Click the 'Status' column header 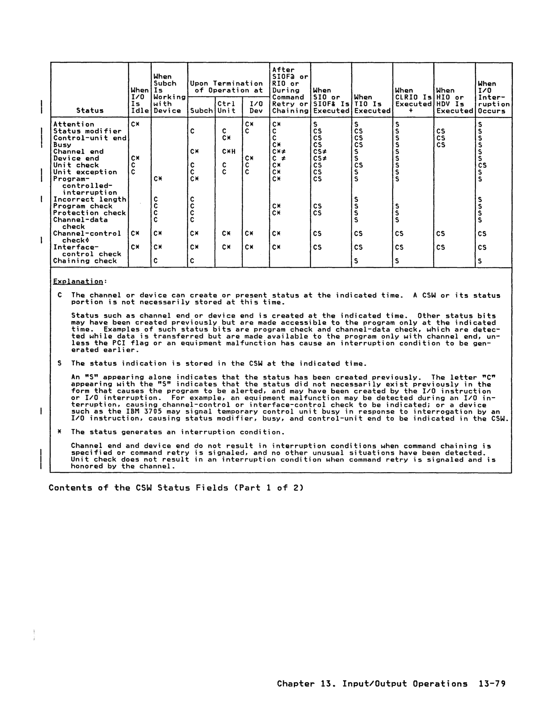pyautogui.click(x=90, y=111)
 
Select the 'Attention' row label pyautogui.click(x=74, y=125)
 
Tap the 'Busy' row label pyautogui.click(x=62, y=145)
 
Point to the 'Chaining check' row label pyautogui.click(x=85, y=261)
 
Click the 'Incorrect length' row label pyautogui.click(x=90, y=200)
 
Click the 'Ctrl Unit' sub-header pyautogui.click(x=226, y=107)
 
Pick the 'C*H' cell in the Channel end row pyautogui.click(x=228, y=152)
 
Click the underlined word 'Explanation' pyautogui.click(x=78, y=281)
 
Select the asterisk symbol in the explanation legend pyautogui.click(x=59, y=432)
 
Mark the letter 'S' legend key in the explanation pyautogui.click(x=59, y=363)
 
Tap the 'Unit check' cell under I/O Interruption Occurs pyautogui.click(x=482, y=165)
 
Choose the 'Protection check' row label pyautogui.click(x=90, y=213)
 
